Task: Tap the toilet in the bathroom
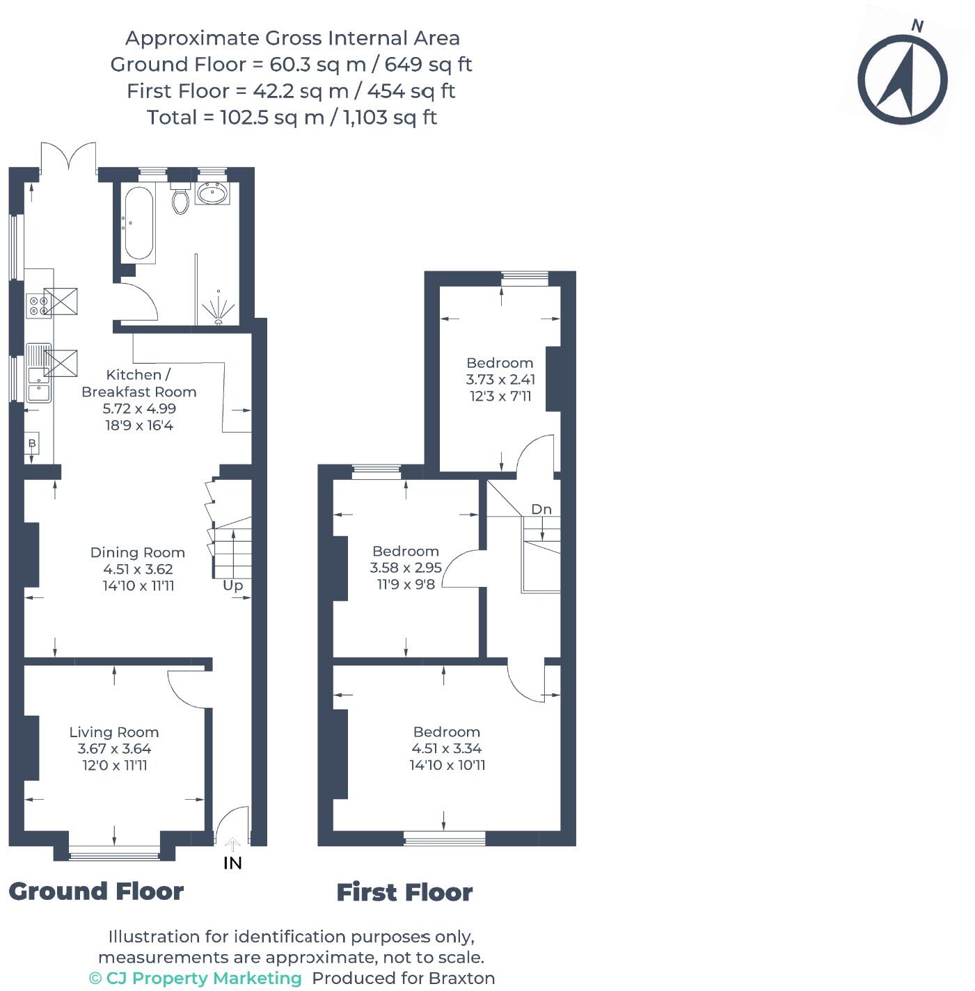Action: (x=180, y=199)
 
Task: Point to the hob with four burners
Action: (x=38, y=305)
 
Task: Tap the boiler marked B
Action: (x=32, y=443)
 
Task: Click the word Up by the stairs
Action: (x=232, y=586)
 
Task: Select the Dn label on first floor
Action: (x=541, y=509)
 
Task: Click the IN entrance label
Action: (x=232, y=863)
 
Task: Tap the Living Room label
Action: (x=113, y=732)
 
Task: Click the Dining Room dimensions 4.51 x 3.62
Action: (x=137, y=569)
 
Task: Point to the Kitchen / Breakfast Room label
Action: (x=138, y=383)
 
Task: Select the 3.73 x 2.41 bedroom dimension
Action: (x=500, y=380)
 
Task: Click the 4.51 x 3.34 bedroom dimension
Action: (x=446, y=748)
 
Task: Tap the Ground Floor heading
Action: (x=96, y=891)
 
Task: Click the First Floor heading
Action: (x=404, y=892)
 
